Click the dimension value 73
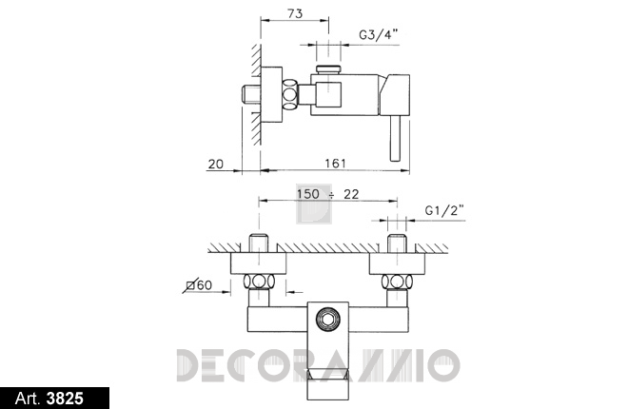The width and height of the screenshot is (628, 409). pos(295,14)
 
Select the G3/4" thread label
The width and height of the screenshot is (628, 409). pos(379,35)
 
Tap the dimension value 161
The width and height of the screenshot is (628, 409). pos(335,164)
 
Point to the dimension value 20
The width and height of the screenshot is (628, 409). pos(216,165)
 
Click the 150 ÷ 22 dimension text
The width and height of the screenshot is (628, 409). pos(328,194)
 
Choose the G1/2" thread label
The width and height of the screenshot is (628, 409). pos(444,210)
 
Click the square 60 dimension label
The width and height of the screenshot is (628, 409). pos(200,285)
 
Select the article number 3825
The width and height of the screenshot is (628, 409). pos(65,399)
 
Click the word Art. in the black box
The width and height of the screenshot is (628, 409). pos(28,399)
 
